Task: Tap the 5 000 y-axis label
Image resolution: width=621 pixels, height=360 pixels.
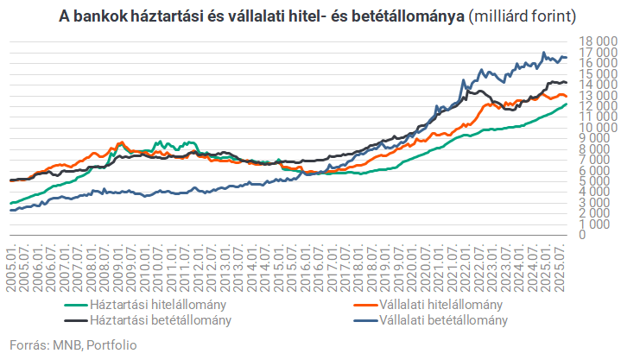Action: [595, 181]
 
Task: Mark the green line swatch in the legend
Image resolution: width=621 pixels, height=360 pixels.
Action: [75, 305]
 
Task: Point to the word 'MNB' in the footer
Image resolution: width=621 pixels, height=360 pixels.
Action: [64, 345]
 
